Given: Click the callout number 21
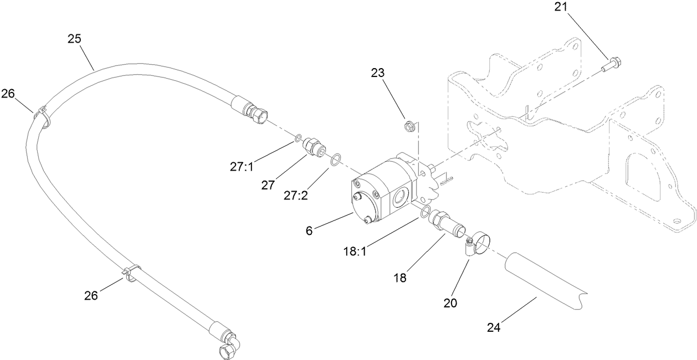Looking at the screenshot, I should (x=561, y=7).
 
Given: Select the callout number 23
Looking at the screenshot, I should (x=378, y=73).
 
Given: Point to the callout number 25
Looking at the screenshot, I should (x=74, y=39).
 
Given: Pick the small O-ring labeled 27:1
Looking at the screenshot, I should (x=298, y=138).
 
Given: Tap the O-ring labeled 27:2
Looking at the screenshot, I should (x=335, y=160).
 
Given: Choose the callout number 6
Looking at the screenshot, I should (x=309, y=230).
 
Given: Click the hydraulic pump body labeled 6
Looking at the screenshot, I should (x=382, y=188).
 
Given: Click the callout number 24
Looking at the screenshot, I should (x=493, y=327).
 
